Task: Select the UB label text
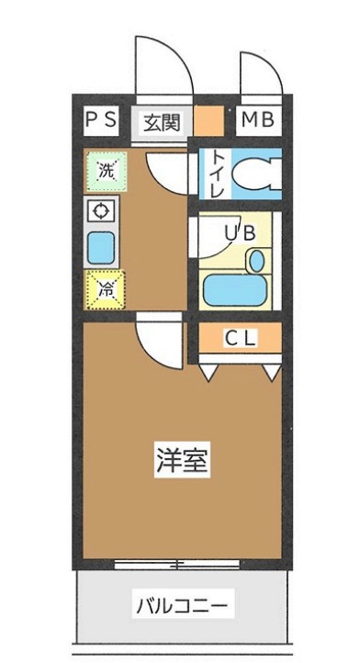point(241,233)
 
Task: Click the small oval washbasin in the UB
point(256,261)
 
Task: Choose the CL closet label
point(242,339)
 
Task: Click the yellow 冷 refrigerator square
point(105,290)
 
